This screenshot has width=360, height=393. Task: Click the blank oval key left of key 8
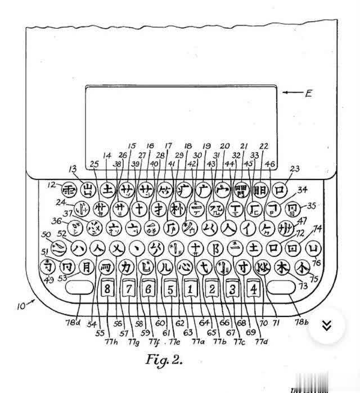(79, 288)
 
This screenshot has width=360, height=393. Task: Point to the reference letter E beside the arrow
(308, 93)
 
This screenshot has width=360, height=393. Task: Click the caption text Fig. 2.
(164, 358)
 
